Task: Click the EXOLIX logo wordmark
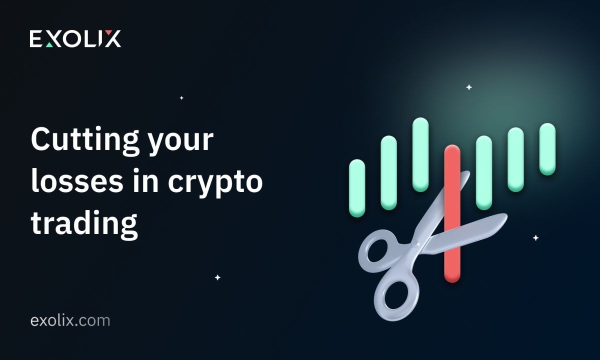(x=75, y=38)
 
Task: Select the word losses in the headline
(x=77, y=181)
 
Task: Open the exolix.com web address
(x=70, y=320)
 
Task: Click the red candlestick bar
(x=452, y=214)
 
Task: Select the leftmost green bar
(x=357, y=188)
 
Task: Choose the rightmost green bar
(x=547, y=149)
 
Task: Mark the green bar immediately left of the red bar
(x=420, y=154)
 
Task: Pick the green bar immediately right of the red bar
(x=484, y=173)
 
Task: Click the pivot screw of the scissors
(x=416, y=244)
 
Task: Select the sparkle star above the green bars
(x=469, y=87)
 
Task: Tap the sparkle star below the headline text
(x=218, y=277)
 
